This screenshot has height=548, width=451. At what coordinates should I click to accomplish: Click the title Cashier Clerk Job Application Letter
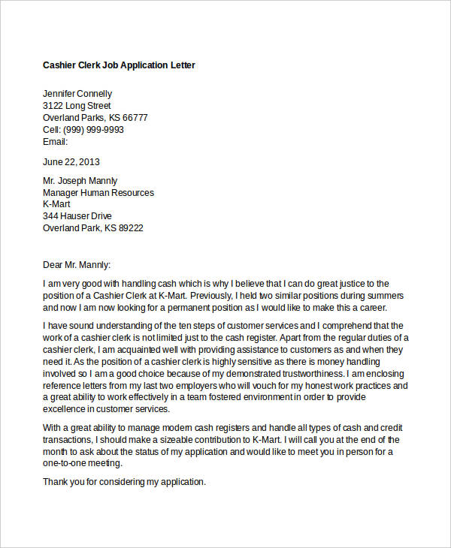click(x=119, y=65)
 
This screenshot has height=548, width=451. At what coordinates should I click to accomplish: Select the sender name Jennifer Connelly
click(x=77, y=94)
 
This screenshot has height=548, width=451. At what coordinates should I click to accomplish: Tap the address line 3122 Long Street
click(x=77, y=106)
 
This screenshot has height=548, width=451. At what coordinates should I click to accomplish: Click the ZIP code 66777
click(x=135, y=118)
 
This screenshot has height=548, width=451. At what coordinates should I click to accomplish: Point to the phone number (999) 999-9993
click(x=94, y=130)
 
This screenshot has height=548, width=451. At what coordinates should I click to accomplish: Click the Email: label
click(x=56, y=142)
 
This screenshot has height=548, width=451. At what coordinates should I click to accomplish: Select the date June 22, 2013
click(x=71, y=161)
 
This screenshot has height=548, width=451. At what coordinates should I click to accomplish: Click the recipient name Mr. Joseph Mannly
click(x=80, y=181)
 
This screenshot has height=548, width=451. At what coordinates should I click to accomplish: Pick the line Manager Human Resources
click(x=98, y=193)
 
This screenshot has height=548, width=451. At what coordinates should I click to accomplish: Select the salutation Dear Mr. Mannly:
click(x=77, y=264)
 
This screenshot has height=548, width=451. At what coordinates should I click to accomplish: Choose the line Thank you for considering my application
click(x=124, y=482)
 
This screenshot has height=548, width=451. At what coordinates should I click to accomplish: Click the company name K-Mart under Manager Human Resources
click(x=56, y=204)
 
